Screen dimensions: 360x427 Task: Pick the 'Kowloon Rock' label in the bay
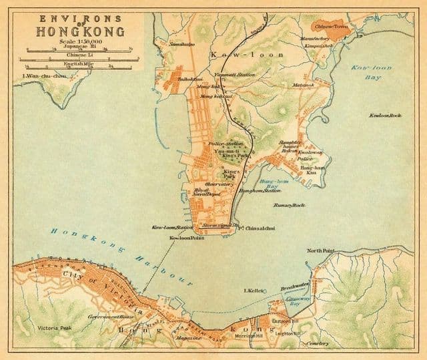(x=386, y=116)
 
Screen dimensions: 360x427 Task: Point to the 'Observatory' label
(x=218, y=184)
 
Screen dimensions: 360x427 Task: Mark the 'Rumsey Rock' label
(x=289, y=205)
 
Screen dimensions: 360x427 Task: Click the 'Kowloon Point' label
(x=185, y=238)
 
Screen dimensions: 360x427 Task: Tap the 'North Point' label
(x=319, y=250)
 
